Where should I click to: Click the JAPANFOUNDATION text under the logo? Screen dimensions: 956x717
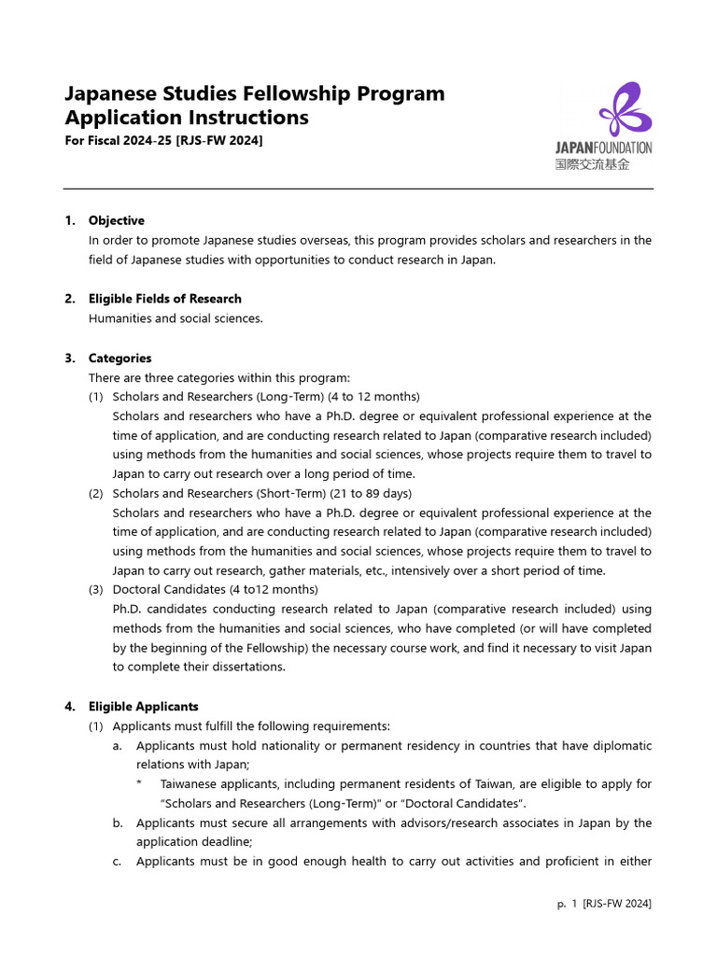pos(603,148)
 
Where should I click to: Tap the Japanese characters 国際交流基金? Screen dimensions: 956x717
pos(593,164)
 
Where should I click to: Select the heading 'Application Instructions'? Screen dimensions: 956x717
pos(186,118)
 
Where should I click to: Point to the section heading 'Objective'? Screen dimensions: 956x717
pos(116,220)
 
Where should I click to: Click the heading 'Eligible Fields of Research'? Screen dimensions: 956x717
pos(164,299)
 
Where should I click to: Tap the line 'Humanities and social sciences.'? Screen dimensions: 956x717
pos(176,318)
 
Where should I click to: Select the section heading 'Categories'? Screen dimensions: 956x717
pos(119,358)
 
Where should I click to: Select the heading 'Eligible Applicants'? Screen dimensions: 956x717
pos(143,707)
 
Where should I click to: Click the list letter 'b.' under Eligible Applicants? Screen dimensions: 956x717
pos(118,823)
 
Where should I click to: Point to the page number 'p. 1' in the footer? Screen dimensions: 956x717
pos(565,904)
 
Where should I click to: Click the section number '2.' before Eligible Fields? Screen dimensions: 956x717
pos(70,299)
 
